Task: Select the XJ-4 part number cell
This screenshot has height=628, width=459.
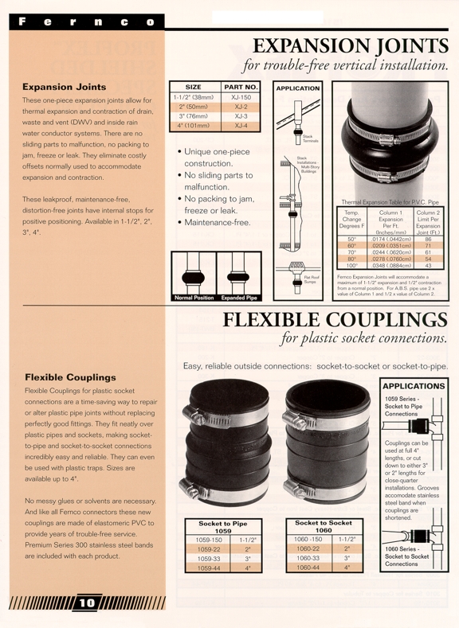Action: coord(241,126)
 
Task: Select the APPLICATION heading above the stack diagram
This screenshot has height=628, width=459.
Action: coord(298,88)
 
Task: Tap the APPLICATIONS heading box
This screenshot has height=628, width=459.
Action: coord(414,385)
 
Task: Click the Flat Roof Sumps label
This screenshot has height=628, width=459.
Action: coord(312,279)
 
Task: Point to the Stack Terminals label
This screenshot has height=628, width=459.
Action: coord(308,138)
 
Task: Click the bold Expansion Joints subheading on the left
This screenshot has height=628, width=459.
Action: coord(64,86)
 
